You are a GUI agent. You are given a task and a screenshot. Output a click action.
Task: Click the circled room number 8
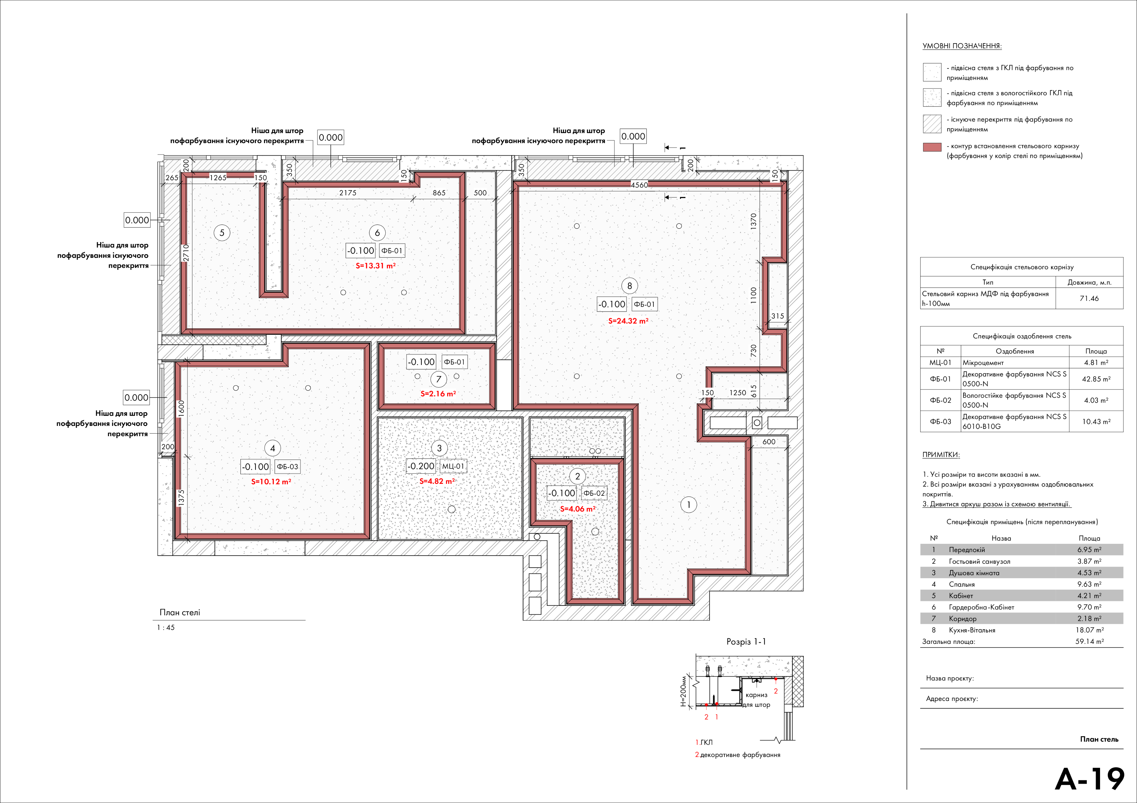629,286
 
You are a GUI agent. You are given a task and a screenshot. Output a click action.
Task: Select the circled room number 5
222,233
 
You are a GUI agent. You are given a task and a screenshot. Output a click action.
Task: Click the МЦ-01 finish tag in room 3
453,466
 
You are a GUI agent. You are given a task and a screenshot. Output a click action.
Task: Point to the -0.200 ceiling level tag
421,466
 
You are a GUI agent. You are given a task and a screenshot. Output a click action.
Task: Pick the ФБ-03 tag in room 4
287,467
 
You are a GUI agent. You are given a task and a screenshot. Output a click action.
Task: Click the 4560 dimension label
639,185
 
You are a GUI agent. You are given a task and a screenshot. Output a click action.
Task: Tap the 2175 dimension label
348,193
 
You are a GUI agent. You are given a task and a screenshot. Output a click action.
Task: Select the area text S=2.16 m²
438,394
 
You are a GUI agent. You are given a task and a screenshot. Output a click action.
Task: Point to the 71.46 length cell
1089,298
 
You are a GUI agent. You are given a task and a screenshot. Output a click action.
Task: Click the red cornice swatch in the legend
932,147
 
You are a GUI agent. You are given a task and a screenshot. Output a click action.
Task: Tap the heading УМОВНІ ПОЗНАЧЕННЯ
962,46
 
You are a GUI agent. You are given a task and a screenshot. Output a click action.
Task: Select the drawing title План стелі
180,613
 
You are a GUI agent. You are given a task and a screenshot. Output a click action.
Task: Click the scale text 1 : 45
166,627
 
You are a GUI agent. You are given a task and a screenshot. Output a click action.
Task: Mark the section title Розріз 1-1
746,642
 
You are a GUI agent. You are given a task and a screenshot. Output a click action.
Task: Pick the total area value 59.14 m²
1090,641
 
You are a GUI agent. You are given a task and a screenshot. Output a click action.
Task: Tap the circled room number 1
688,505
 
